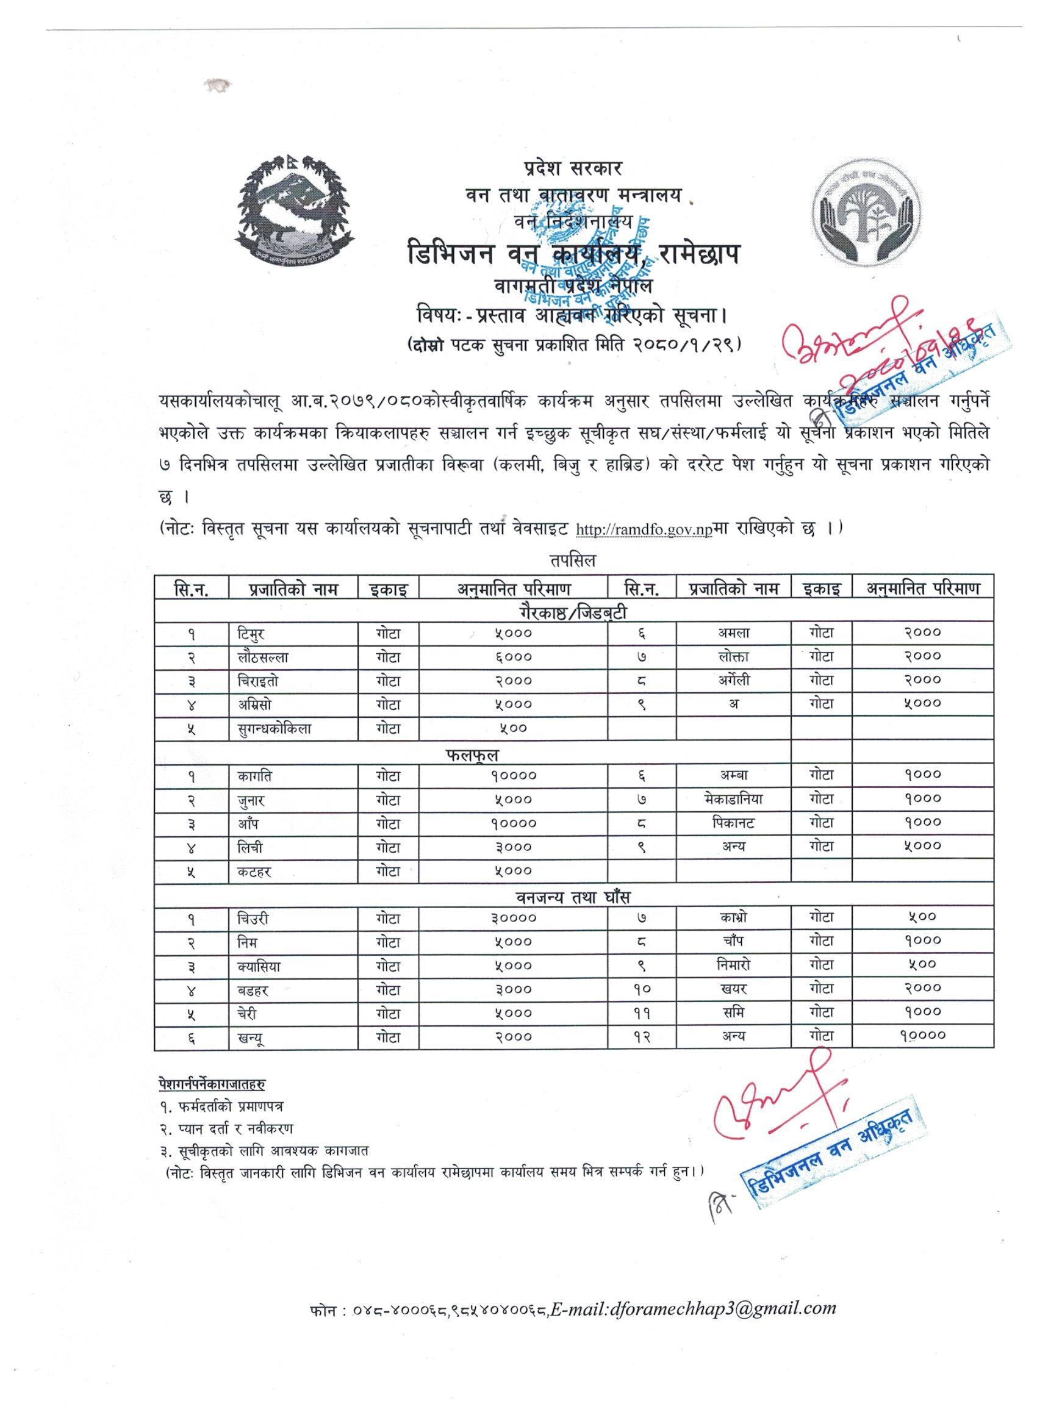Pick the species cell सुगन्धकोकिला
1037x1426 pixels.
click(270, 729)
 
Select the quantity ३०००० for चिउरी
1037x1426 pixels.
click(513, 919)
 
